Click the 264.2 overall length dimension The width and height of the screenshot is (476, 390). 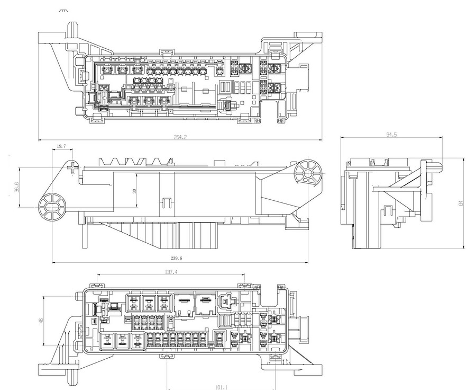[x=180, y=137]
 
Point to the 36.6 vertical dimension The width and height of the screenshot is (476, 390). [x=16, y=187]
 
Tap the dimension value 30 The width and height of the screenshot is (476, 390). [x=134, y=191]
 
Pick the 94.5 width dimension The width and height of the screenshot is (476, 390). [x=391, y=135]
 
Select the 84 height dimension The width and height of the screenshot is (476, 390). [x=461, y=202]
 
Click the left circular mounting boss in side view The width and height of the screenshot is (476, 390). [x=52, y=207]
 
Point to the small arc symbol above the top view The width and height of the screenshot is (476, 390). [x=63, y=11]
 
